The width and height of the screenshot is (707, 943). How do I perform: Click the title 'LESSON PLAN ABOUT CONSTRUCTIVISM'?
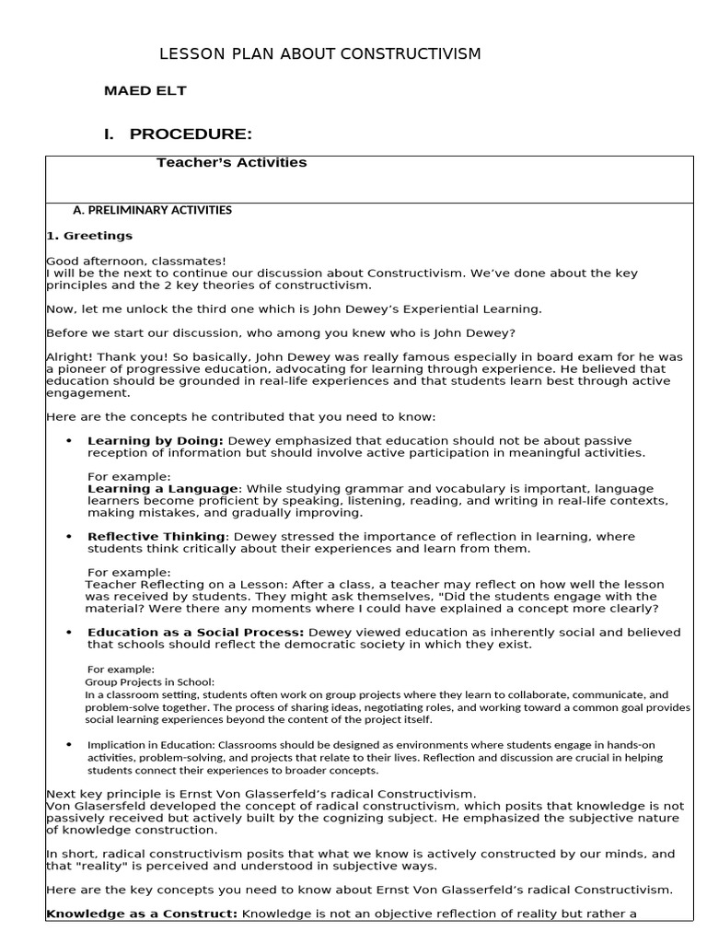coord(320,54)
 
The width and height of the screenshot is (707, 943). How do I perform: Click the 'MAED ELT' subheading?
coord(145,91)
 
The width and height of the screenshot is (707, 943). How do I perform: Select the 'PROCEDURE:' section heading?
coord(191,134)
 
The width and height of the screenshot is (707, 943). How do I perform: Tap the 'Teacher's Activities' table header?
coord(231,163)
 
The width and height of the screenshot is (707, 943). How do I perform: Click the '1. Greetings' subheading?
coord(89,236)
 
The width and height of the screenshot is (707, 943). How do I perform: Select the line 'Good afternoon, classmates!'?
coord(135,262)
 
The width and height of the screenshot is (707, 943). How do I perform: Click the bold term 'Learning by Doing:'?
coord(155,441)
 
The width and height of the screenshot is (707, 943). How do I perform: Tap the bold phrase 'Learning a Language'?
coord(163,488)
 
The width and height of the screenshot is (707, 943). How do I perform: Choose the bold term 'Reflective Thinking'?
coord(156,537)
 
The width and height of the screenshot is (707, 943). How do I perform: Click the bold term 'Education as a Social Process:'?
coord(195,633)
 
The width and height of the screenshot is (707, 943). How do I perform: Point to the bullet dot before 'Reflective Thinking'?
coord(69,537)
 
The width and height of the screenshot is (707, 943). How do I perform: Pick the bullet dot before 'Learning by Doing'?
coord(69,441)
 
